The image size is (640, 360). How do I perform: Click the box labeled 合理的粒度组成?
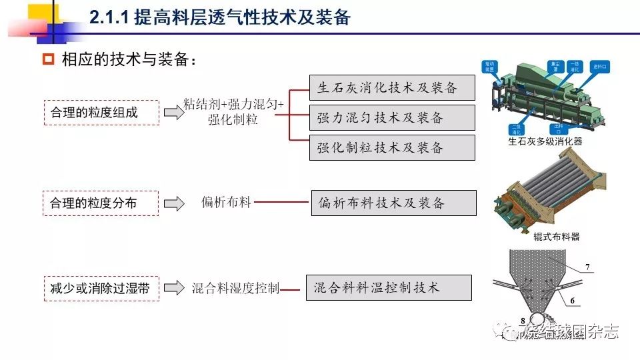(101, 113)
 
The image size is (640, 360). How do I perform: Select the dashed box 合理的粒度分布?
(101, 203)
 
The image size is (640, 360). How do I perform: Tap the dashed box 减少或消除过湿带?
(101, 288)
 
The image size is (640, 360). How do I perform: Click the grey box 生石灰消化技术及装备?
(392, 88)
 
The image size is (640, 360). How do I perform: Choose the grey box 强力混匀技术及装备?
(392, 118)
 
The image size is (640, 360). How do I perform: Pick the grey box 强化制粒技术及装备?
(392, 147)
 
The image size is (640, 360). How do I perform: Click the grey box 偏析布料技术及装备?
(393, 203)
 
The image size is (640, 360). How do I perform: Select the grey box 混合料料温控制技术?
(389, 287)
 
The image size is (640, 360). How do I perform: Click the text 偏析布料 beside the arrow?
(227, 202)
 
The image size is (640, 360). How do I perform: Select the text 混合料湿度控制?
(235, 288)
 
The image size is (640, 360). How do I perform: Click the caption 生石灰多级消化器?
(545, 141)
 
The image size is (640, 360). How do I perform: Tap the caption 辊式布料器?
(557, 236)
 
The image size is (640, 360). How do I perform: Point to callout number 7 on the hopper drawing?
(587, 267)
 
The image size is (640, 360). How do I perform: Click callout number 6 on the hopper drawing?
(571, 301)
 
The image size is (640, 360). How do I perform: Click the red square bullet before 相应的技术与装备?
(47, 59)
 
